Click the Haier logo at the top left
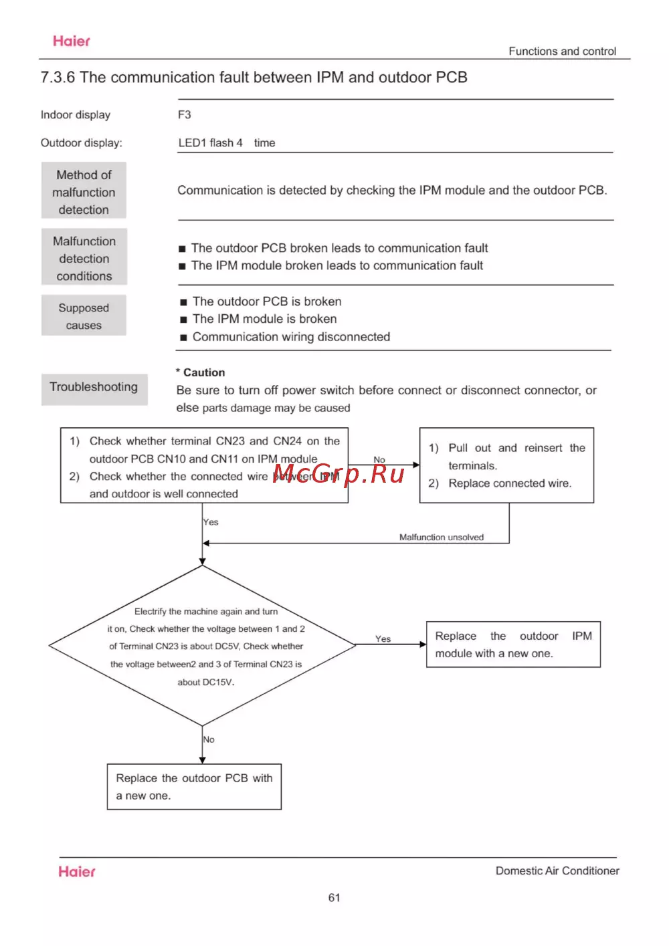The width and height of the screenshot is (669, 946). coord(72,41)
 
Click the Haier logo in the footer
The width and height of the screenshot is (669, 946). coord(77,872)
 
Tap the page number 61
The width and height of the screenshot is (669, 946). coord(334,898)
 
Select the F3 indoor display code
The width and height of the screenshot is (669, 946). coord(185,115)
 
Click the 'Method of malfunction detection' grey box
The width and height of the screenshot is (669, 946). coord(84,192)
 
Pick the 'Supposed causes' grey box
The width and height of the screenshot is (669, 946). coord(84,316)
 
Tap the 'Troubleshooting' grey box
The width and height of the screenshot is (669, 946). coord(94,388)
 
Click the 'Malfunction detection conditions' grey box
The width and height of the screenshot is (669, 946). coord(84,258)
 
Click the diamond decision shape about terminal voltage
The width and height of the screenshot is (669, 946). coord(203,646)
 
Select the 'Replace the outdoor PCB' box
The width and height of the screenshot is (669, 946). coord(194,787)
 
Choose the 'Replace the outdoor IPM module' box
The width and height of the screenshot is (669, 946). coord(513,644)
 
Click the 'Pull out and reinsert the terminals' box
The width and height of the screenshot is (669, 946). coord(506,465)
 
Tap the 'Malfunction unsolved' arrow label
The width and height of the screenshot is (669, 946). coord(442,537)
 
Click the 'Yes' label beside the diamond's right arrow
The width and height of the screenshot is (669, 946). coord(383,639)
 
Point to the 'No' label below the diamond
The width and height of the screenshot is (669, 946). coord(209,739)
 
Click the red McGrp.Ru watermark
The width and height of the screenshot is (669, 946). coord(339,474)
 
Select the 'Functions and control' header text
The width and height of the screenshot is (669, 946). coord(562,51)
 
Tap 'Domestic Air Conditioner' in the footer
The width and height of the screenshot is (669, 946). coord(557,870)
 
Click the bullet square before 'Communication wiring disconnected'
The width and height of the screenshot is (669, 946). coord(183,338)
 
